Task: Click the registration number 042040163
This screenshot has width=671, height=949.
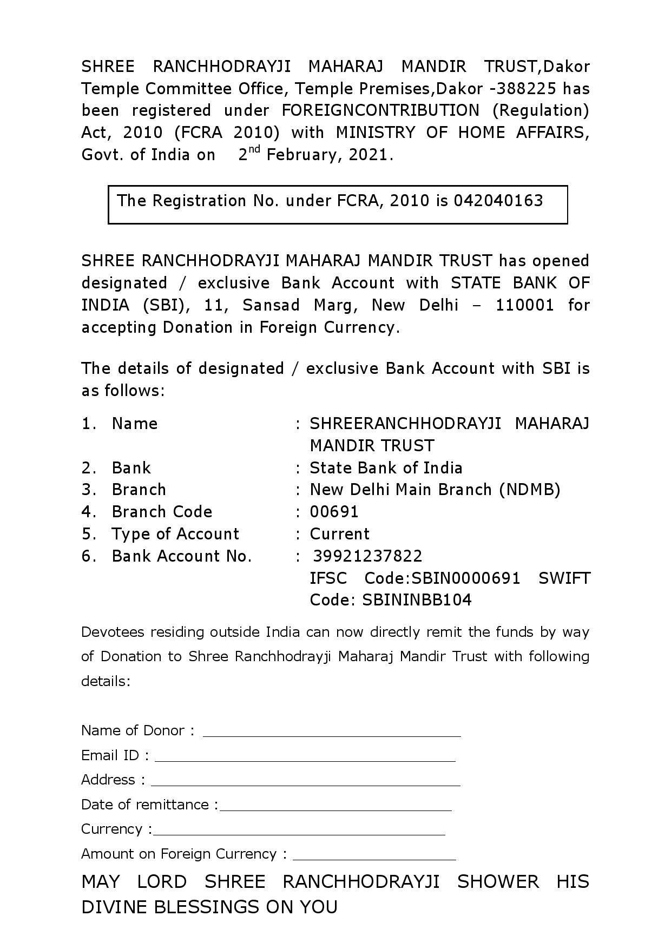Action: click(498, 201)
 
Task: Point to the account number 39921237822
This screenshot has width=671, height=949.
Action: click(367, 556)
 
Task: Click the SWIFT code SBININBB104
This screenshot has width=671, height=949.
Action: click(417, 600)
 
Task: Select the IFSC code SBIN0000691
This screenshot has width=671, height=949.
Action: click(465, 578)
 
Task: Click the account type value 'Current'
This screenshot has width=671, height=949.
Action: click(339, 534)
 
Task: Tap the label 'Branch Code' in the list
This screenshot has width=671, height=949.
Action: click(162, 512)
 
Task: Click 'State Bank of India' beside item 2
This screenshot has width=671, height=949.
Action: click(386, 468)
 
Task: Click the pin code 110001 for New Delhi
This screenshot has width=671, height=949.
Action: click(524, 305)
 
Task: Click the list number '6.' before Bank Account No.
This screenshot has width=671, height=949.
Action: click(89, 556)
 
